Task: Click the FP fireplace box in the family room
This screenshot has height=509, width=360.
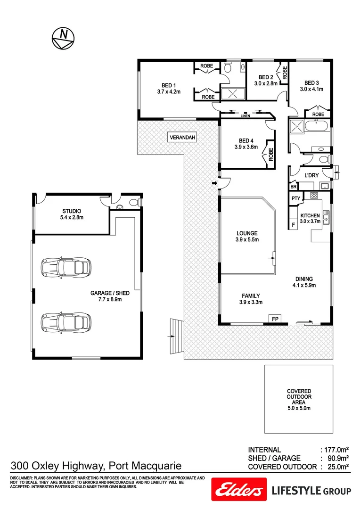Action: click(275, 319)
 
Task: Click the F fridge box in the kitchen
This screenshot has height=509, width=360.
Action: click(293, 225)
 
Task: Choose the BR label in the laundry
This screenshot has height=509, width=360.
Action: click(293, 186)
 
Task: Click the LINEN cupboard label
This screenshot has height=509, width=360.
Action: click(245, 115)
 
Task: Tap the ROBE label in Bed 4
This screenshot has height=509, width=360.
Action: click(271, 155)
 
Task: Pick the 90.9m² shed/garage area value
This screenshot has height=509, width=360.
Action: click(337, 458)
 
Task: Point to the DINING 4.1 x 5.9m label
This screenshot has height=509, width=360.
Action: click(304, 282)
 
